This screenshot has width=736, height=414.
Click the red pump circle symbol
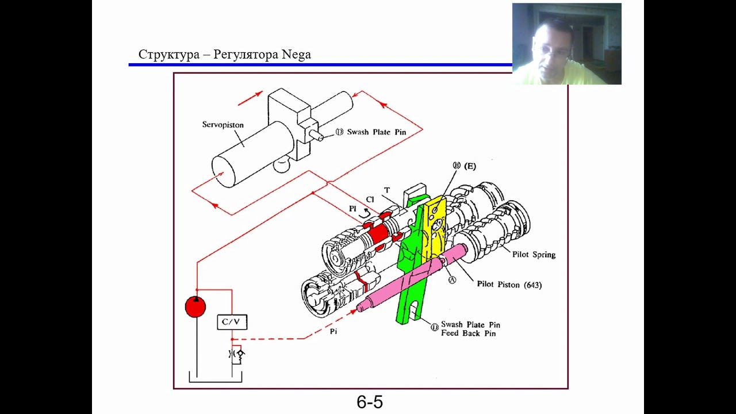click(195, 306)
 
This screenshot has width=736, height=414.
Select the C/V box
click(232, 322)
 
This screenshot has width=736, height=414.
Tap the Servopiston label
click(223, 125)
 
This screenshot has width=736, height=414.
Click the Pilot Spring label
click(534, 255)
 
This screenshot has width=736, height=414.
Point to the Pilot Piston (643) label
click(509, 285)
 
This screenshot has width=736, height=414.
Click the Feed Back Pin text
click(468, 333)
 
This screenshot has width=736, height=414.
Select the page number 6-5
click(370, 402)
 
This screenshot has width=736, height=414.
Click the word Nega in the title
click(296, 55)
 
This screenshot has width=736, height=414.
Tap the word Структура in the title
click(169, 55)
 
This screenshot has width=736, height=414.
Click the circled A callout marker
click(453, 279)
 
